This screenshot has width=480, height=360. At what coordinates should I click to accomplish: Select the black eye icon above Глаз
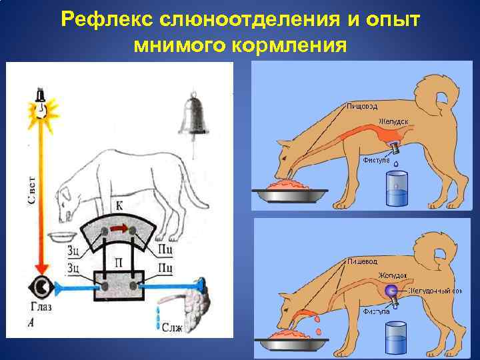(x=41, y=289)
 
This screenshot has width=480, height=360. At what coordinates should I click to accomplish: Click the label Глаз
(x=41, y=309)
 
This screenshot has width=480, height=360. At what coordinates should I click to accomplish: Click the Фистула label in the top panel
(x=377, y=160)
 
